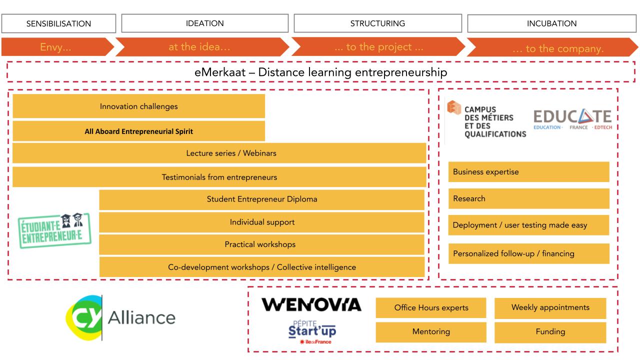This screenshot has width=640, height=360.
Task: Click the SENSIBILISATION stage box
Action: [58, 23]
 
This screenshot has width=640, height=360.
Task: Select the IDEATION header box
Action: [205, 23]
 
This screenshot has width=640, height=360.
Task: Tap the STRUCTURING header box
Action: [377, 23]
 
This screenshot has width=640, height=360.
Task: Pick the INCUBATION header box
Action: [551, 23]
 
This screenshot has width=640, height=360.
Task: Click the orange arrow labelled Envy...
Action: [57, 47]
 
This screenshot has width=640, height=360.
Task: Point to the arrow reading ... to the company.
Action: [552, 47]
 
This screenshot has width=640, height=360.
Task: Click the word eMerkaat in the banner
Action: [220, 72]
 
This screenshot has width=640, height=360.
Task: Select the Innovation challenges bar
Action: [139, 106]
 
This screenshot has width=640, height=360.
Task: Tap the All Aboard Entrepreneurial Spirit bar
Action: [139, 131]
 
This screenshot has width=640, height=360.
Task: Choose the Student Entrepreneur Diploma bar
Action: [261, 199]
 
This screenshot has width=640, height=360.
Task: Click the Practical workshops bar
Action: [261, 244]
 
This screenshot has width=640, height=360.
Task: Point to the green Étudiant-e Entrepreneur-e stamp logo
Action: [54, 230]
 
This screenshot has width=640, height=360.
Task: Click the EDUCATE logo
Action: [572, 119]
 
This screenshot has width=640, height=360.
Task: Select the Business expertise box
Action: [528, 171]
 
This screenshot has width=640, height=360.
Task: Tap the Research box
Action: [528, 198]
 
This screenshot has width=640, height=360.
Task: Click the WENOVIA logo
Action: [311, 304]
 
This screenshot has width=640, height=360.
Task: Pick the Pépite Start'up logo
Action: [312, 332]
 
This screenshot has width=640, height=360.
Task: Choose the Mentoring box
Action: [431, 331]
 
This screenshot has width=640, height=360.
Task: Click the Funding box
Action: [550, 332]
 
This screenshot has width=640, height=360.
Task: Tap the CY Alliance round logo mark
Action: [84, 317]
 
